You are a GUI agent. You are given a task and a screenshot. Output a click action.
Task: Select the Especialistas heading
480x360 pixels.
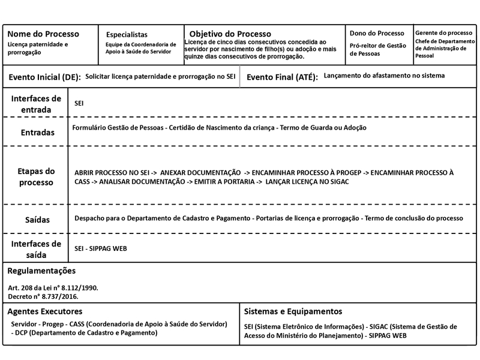tap(126, 35)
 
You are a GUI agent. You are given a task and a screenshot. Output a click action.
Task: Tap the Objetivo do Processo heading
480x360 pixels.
tap(230, 34)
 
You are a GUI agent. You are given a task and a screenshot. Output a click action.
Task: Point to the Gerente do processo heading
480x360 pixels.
tap(444, 32)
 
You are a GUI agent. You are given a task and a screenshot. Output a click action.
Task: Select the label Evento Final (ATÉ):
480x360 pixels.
tap(282, 78)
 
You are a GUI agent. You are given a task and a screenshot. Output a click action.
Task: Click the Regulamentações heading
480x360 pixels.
tap(46, 271)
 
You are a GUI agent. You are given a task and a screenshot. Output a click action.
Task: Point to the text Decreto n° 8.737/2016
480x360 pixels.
tap(43, 296)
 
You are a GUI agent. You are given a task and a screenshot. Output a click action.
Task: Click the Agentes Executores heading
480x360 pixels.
tap(45, 311)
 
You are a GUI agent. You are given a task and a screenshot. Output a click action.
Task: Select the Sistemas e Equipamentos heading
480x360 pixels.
tap(293, 311)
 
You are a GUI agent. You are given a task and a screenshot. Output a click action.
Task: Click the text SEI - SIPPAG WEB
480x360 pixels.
tap(100, 248)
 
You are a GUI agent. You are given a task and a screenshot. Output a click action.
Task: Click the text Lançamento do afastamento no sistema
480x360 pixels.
tap(384, 77)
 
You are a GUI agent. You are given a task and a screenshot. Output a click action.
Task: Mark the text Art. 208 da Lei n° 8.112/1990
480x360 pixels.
tap(53, 288)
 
